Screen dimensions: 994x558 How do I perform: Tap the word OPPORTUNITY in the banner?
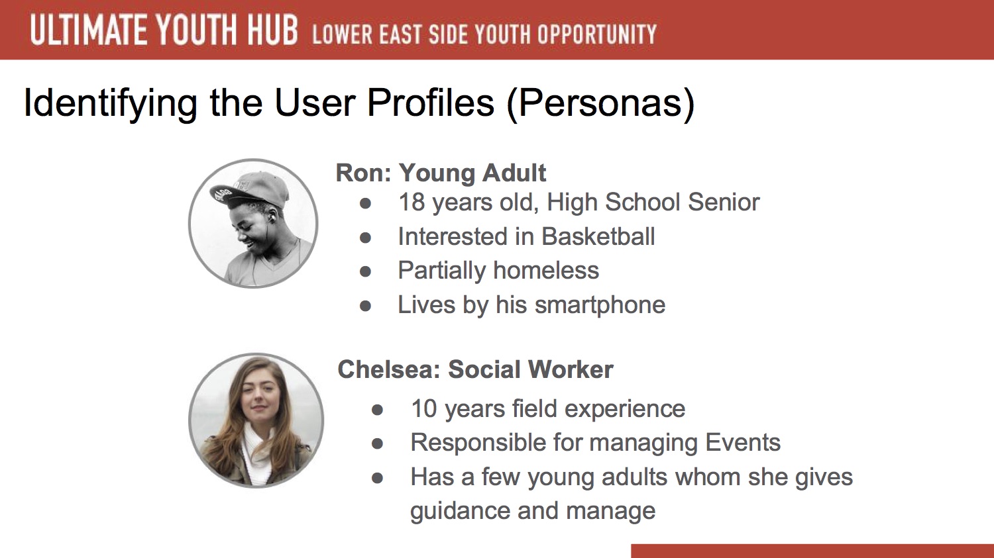tap(597, 34)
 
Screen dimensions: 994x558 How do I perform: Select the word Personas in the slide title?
tap(600, 103)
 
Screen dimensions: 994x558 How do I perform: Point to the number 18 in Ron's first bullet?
tap(412, 202)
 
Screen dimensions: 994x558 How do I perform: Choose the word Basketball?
tap(598, 236)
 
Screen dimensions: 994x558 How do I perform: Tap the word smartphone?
tap(600, 305)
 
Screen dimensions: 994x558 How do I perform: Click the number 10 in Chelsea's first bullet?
tap(424, 408)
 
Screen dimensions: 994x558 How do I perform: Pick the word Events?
tap(743, 442)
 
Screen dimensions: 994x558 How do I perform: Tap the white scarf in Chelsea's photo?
tap(258, 452)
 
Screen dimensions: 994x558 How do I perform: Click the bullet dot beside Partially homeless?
tap(365, 271)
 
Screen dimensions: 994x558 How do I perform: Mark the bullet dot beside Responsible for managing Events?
tap(377, 443)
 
